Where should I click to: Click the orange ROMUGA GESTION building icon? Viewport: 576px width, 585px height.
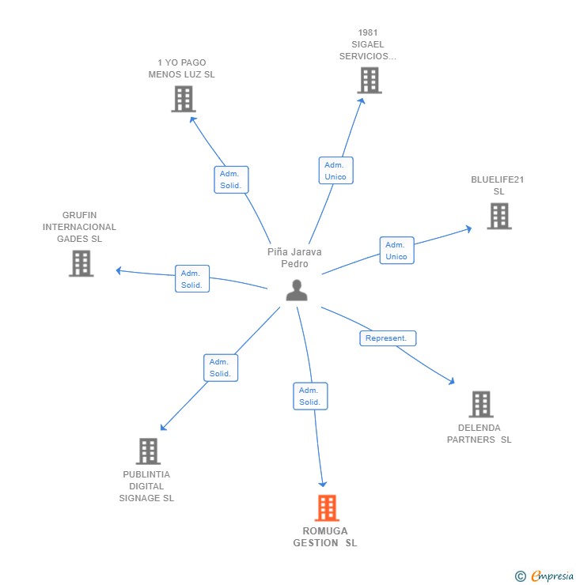tap(326, 508)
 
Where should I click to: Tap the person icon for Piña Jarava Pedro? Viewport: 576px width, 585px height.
tap(297, 291)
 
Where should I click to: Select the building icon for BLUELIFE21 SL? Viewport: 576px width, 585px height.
tap(498, 216)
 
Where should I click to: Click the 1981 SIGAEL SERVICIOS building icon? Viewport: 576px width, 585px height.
tap(369, 81)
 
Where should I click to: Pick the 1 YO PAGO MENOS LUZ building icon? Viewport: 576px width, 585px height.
tap(184, 100)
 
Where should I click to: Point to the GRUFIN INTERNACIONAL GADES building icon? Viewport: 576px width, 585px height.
tap(81, 263)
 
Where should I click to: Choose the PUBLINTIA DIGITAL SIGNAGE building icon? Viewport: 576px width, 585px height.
tap(148, 451)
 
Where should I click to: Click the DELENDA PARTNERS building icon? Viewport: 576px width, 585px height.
tap(480, 404)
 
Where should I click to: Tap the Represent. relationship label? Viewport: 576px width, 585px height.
tap(388, 338)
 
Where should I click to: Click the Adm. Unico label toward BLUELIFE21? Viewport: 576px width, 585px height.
tap(396, 251)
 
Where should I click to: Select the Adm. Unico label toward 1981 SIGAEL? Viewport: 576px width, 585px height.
tap(335, 170)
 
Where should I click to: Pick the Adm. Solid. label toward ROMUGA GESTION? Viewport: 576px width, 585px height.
tap(309, 396)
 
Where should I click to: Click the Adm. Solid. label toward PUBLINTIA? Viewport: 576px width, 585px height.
tap(220, 368)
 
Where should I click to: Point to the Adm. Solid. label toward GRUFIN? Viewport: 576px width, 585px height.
tap(191, 278)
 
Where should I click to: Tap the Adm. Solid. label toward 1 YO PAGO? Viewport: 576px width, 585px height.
tap(231, 179)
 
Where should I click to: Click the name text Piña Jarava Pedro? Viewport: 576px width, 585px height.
tap(294, 258)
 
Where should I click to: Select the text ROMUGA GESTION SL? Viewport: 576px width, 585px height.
tap(325, 537)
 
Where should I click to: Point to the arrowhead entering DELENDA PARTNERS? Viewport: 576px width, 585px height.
tap(452, 382)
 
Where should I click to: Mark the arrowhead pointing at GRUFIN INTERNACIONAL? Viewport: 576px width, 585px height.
tap(119, 270)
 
